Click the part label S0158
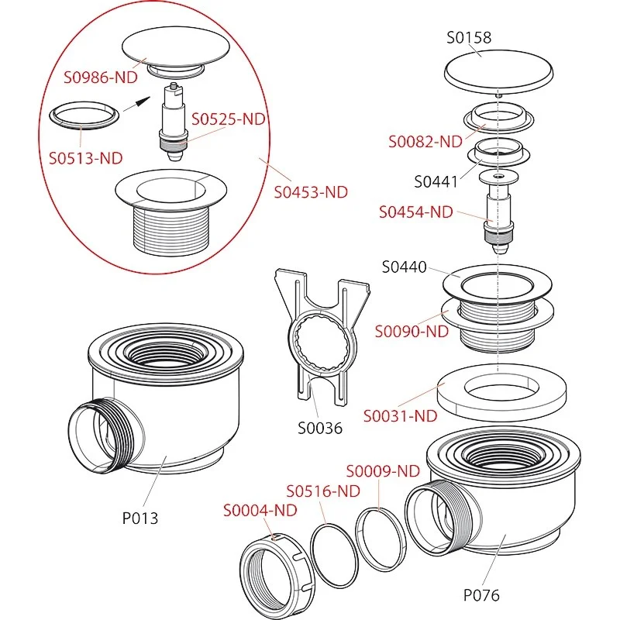click(470, 37)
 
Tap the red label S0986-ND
click(102, 78)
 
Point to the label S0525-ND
click(229, 119)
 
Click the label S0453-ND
click(311, 191)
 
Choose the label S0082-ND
click(425, 141)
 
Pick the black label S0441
click(436, 182)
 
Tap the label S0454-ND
click(415, 212)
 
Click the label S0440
click(404, 267)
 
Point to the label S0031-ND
click(400, 415)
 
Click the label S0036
click(320, 427)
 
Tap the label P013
click(140, 518)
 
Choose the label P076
click(481, 595)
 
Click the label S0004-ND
click(260, 510)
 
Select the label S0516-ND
click(323, 491)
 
